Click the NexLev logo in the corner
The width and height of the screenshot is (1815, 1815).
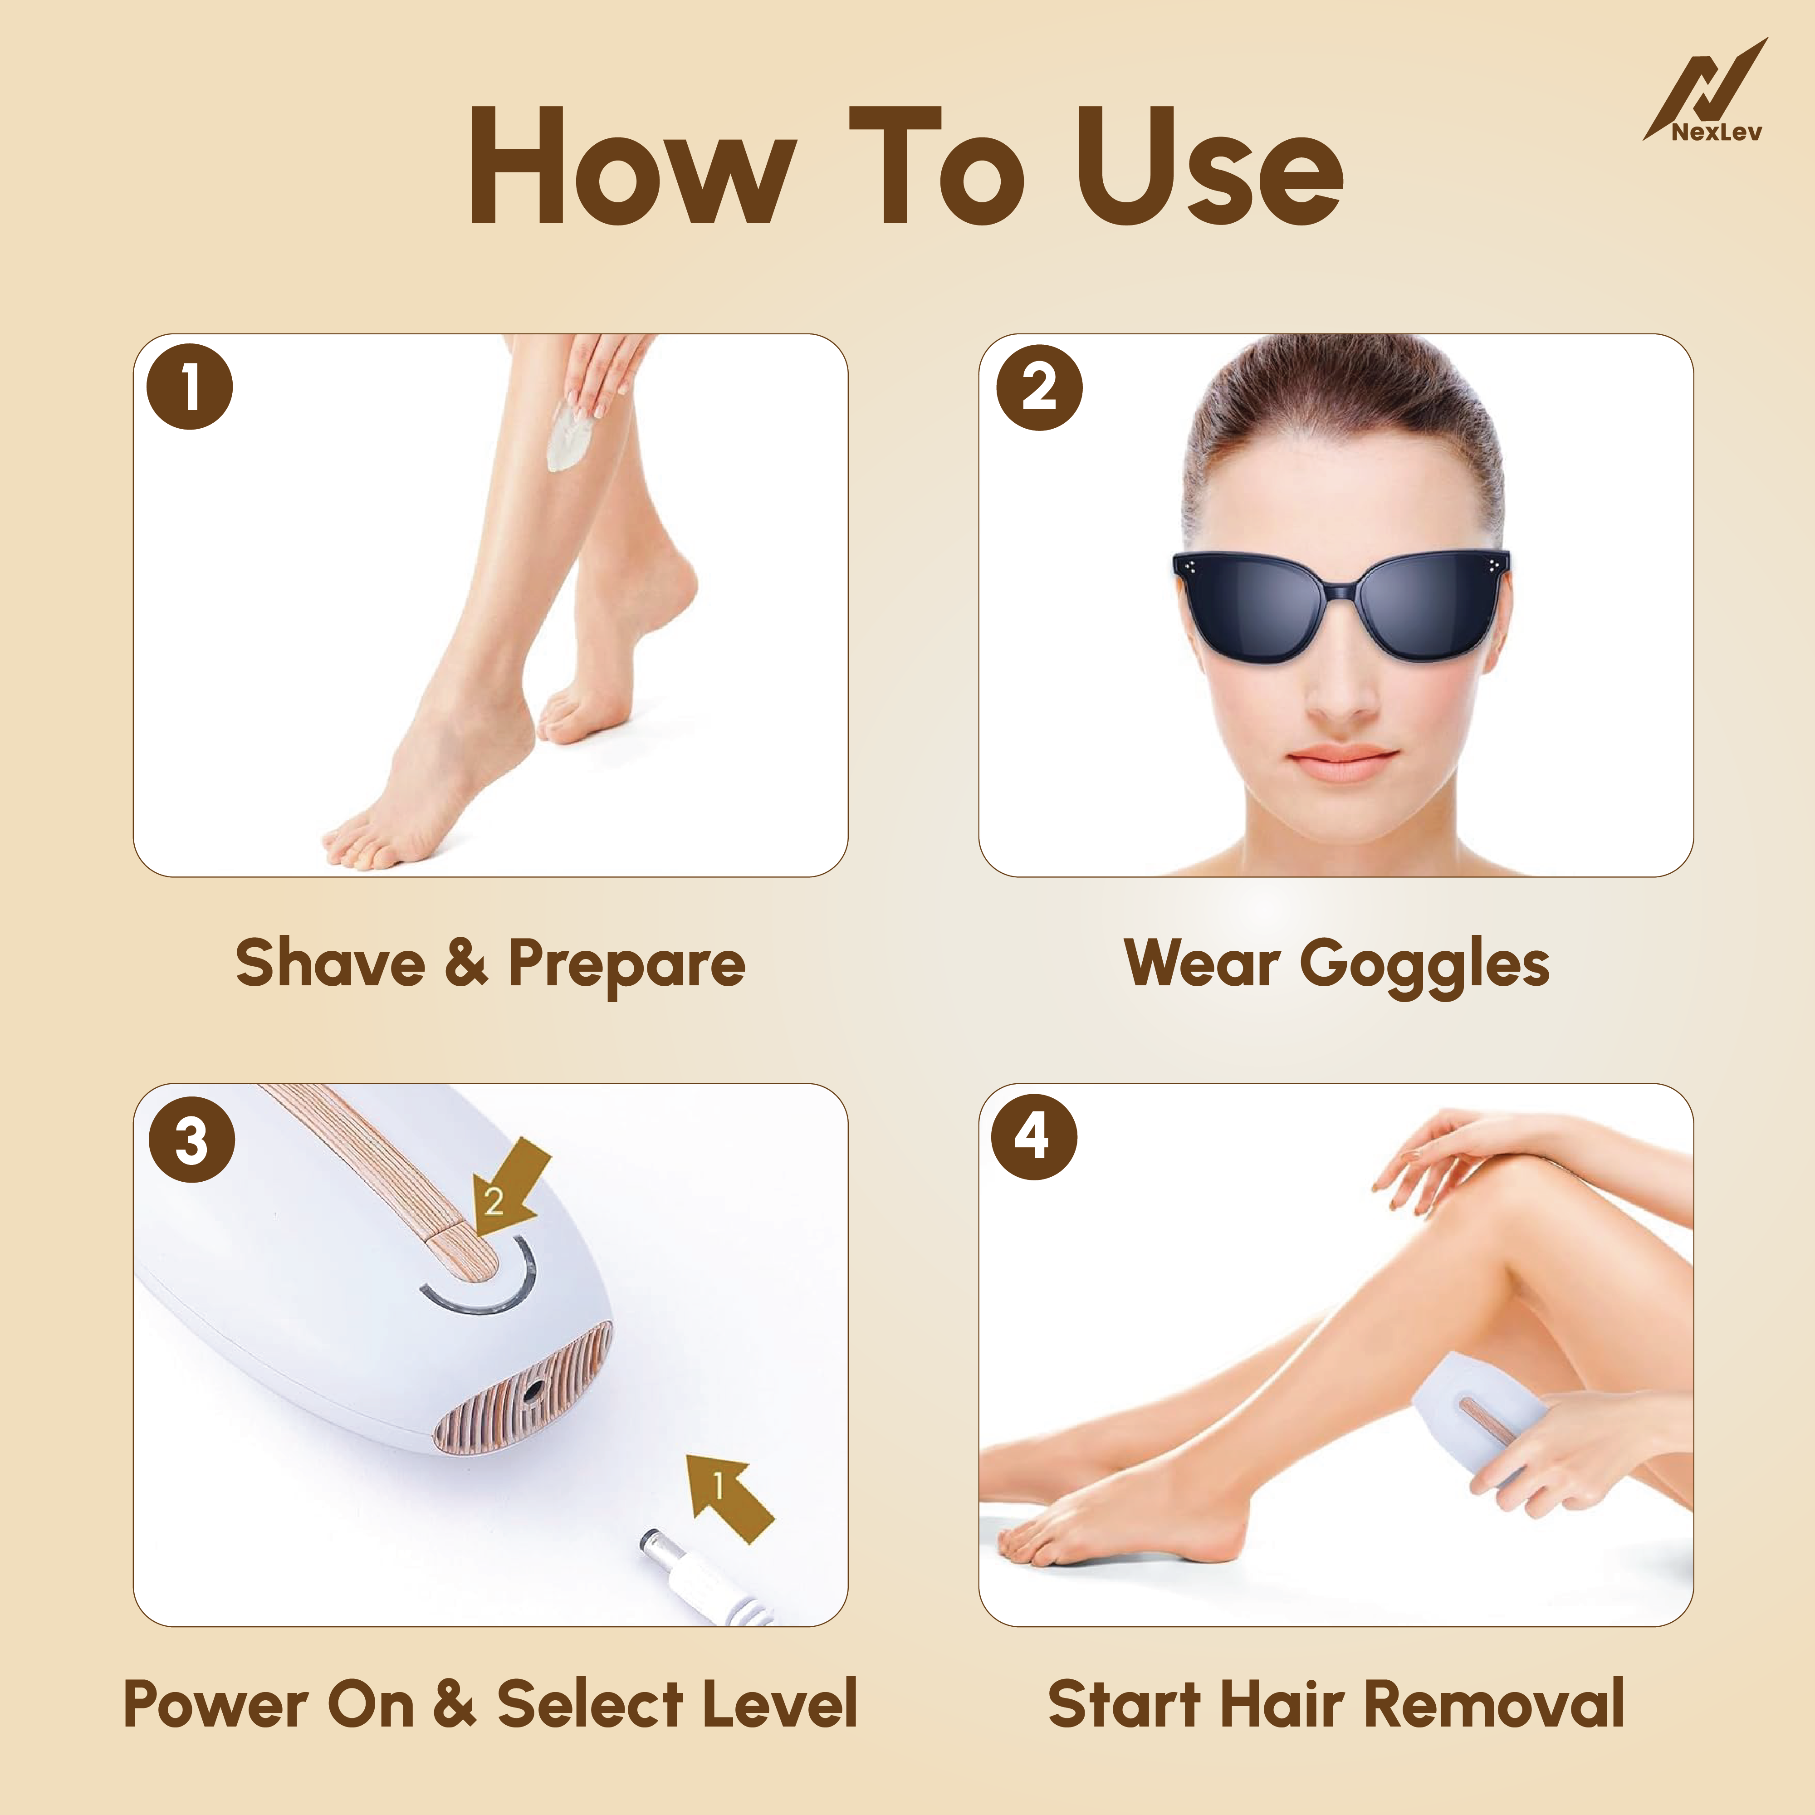pos(1705,94)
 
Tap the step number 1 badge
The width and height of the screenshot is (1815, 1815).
pos(190,387)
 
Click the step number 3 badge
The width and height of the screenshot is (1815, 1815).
pos(191,1140)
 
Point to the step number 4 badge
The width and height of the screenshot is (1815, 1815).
pos(1033,1137)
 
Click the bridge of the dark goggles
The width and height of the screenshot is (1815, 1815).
pos(1341,590)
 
